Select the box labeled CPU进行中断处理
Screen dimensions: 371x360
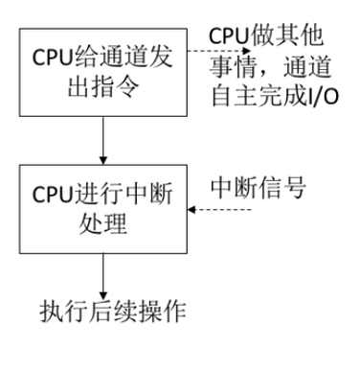point(101,205)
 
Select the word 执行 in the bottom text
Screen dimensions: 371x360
point(58,313)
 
